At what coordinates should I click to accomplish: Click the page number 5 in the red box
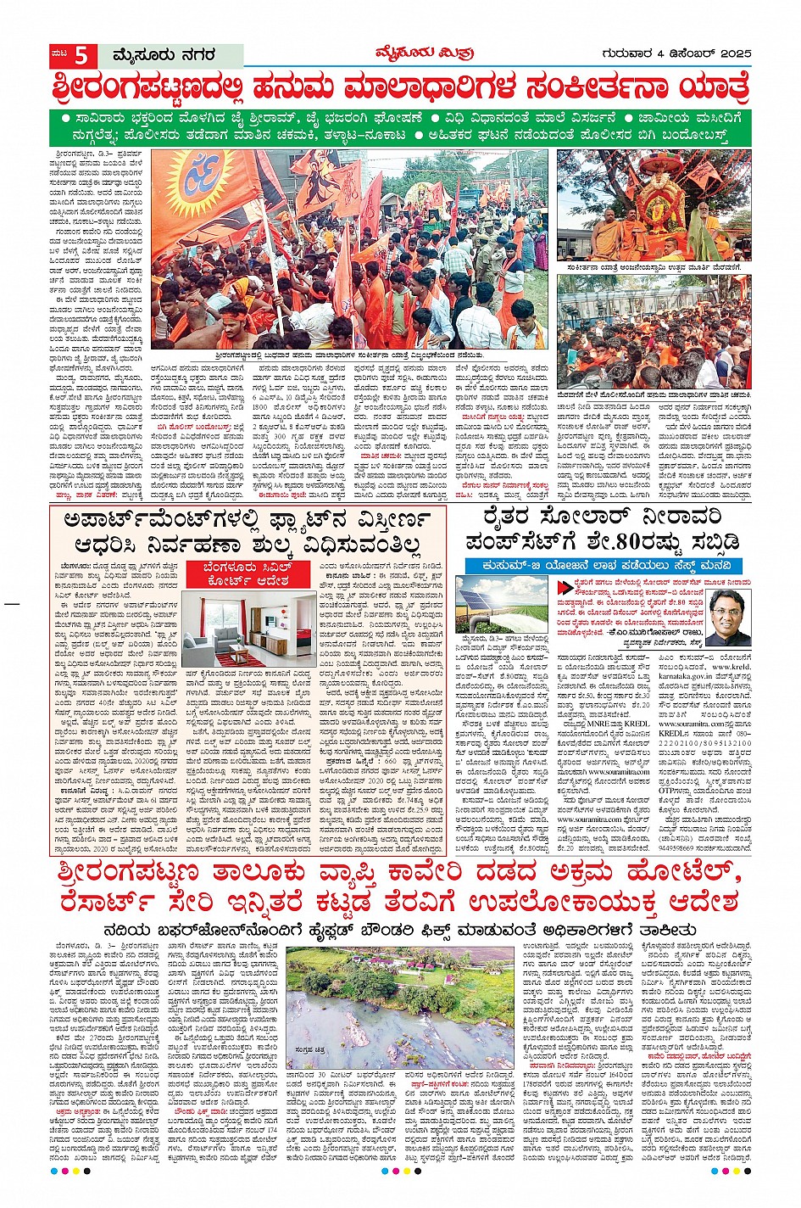81,56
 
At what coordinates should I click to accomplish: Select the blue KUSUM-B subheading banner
603,566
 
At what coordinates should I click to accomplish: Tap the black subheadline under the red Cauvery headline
400,929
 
